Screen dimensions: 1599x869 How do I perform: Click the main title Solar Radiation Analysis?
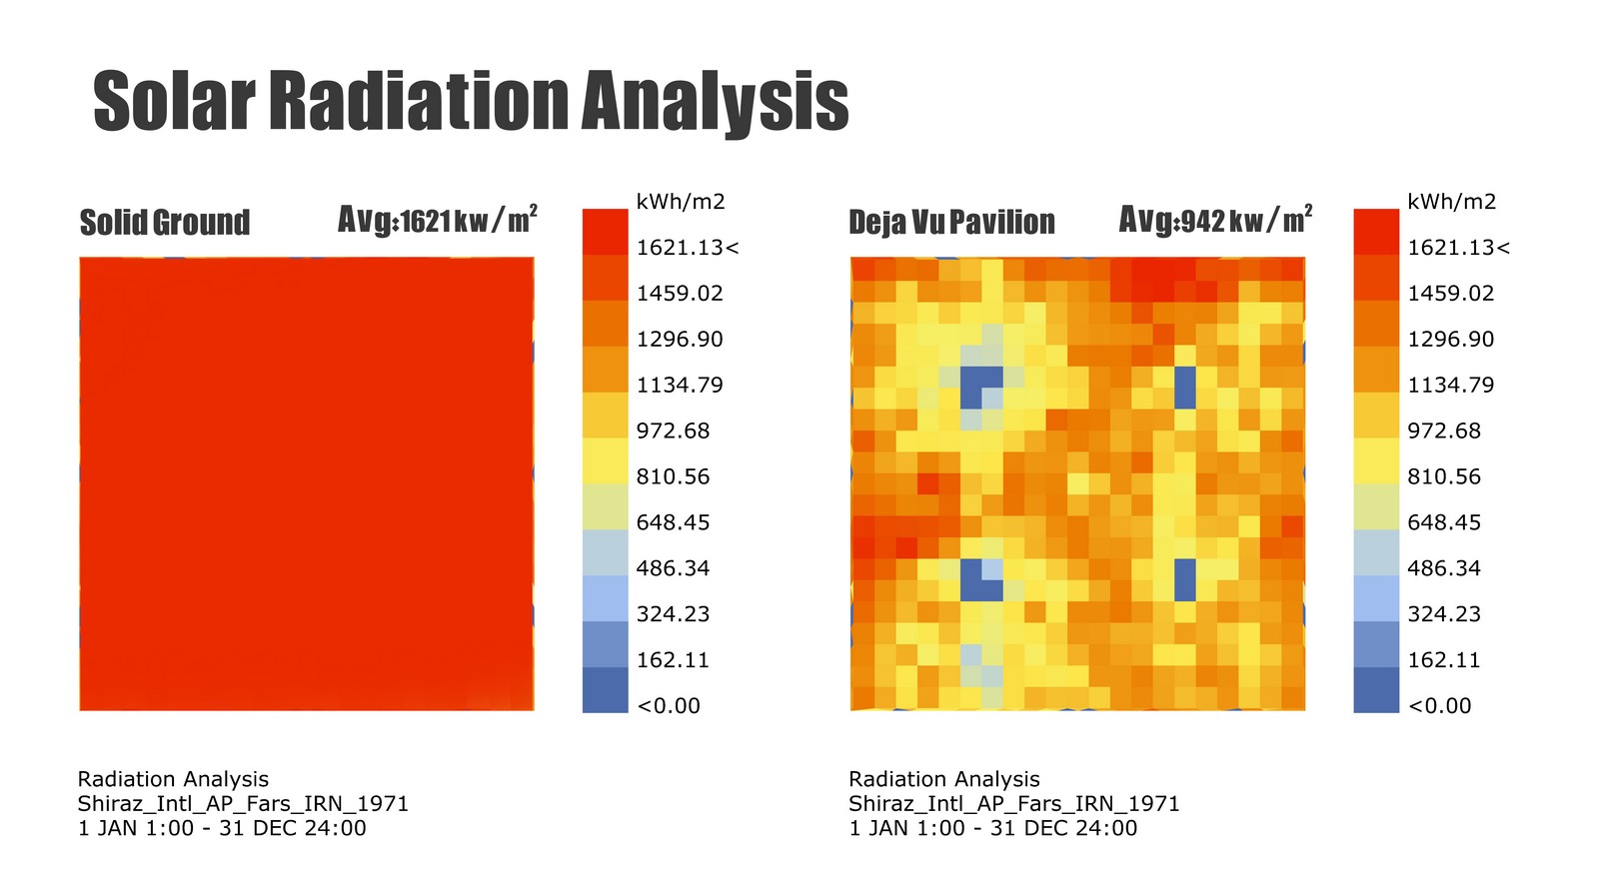tap(471, 101)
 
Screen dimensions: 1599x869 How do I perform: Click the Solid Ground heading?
tap(165, 223)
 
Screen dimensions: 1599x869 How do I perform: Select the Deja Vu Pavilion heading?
tap(951, 222)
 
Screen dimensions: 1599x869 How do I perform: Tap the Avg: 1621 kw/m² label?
tap(438, 219)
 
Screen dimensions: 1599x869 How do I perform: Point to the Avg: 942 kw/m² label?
tap(1215, 219)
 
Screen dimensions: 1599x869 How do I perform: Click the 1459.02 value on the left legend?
tap(680, 294)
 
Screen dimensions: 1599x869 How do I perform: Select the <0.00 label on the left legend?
tap(669, 705)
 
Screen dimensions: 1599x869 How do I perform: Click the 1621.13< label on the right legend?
tap(1458, 248)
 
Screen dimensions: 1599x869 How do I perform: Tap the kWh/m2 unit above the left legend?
tap(681, 202)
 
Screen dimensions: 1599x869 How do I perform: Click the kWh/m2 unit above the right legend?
tap(1451, 202)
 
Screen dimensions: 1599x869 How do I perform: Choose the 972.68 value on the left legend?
tap(674, 431)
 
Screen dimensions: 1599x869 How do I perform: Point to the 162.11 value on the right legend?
tap(1444, 660)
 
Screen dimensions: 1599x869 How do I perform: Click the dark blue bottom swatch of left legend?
tap(606, 690)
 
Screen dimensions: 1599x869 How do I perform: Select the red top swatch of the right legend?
tap(1376, 232)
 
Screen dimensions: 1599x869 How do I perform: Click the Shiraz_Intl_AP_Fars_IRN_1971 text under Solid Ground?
tap(243, 804)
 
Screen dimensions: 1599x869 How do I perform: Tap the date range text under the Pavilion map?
tap(993, 828)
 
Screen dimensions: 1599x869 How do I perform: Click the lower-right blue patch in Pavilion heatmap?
tap(1185, 580)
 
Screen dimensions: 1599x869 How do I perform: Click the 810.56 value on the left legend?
tap(674, 476)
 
